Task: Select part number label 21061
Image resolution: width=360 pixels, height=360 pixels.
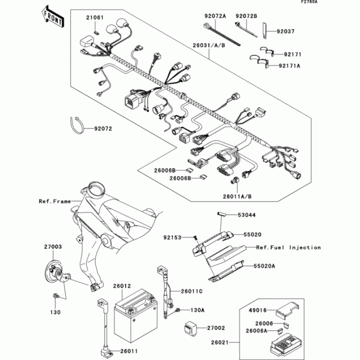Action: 95,18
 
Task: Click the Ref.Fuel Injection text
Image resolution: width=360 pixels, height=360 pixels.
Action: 288,247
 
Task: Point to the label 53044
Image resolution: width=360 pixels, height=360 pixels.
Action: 247,215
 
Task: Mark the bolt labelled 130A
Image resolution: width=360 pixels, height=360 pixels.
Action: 179,311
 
